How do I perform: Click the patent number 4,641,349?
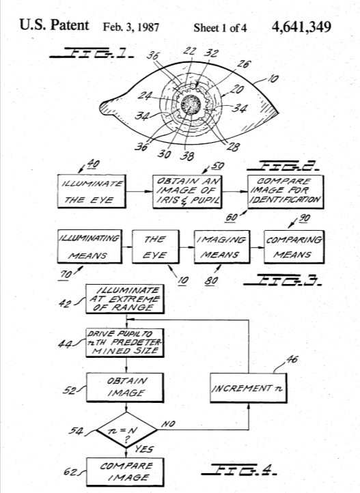pos(301,27)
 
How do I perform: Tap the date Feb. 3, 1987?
pos(130,27)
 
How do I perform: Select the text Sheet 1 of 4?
pos(220,28)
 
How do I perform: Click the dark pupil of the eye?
pos(191,104)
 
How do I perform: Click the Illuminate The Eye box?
pos(92,191)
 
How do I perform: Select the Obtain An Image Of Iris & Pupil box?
pos(187,191)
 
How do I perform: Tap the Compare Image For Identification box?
pos(286,192)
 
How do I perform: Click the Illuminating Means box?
pos(89,246)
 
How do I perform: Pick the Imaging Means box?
pos(222,246)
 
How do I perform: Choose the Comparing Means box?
pos(294,246)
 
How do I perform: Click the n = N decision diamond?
pos(126,429)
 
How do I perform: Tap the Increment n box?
pos(249,388)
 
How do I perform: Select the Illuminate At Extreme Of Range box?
pos(125,299)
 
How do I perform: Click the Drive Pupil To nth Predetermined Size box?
pos(125,343)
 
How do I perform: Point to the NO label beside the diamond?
pos(168,424)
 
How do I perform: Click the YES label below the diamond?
pos(144,449)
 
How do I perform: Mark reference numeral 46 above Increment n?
pos(292,359)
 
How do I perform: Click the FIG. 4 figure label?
pos(239,469)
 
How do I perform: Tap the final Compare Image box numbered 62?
pos(125,472)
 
